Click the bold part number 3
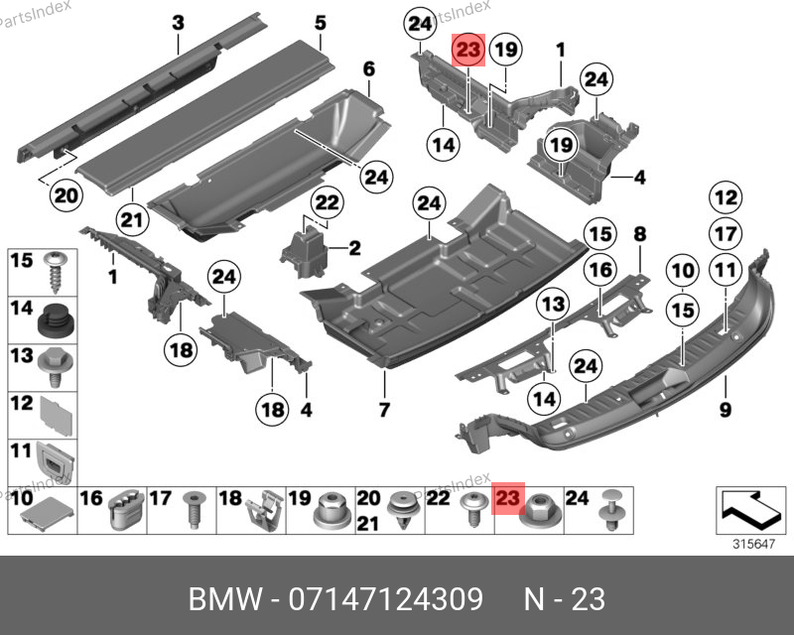click(178, 22)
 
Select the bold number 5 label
click(321, 22)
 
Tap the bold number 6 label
click(368, 69)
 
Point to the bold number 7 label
click(384, 410)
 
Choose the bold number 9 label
click(725, 410)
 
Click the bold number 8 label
click(640, 234)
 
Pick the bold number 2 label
click(353, 247)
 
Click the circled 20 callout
click(66, 196)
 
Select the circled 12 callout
click(726, 196)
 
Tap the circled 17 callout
click(726, 233)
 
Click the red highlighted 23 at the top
click(468, 49)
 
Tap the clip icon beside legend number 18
click(260, 510)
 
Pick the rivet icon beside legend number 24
click(608, 510)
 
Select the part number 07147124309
click(385, 599)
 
